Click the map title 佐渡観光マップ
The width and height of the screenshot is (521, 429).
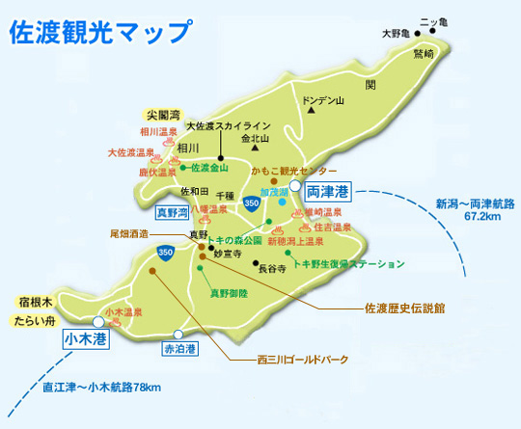99,31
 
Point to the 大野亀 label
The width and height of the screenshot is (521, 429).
396,34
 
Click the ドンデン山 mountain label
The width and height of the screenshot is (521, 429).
322,99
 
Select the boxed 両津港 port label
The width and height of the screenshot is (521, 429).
330,191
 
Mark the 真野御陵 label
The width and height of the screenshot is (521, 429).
229,291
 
